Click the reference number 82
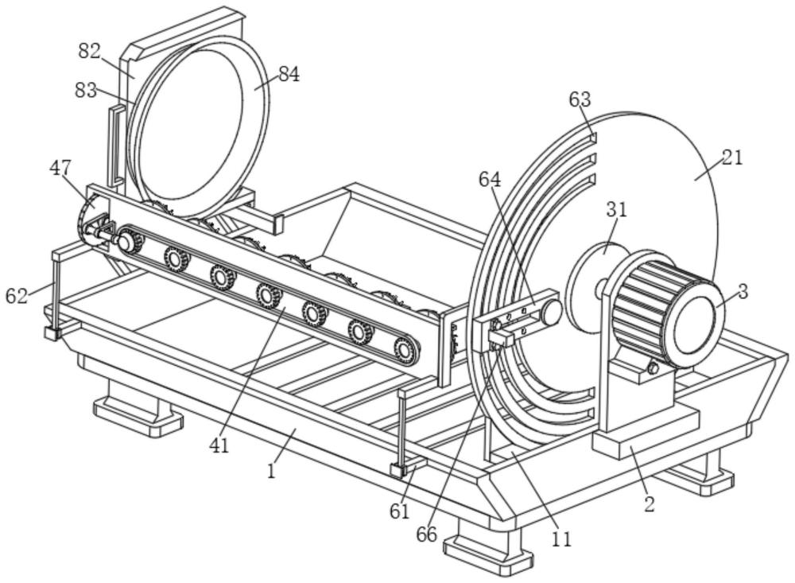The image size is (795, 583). click(89, 52)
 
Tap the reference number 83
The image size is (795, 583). click(86, 90)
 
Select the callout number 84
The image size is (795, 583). click(289, 74)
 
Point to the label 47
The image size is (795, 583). click(60, 168)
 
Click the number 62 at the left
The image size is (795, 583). click(17, 296)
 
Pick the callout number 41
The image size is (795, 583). click(219, 445)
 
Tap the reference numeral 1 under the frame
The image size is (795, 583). click(271, 470)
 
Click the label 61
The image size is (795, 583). click(399, 511)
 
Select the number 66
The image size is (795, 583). click(426, 534)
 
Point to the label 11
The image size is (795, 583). click(561, 538)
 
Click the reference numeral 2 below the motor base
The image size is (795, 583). click(649, 503)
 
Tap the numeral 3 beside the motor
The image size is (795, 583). click(743, 291)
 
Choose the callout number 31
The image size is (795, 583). click(617, 209)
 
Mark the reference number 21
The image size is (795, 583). click(732, 157)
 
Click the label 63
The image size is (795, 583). click(580, 99)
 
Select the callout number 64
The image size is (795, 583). click(490, 180)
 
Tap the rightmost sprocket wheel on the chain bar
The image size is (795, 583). click(405, 348)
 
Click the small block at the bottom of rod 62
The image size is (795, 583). click(52, 333)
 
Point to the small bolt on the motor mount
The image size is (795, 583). click(653, 368)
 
